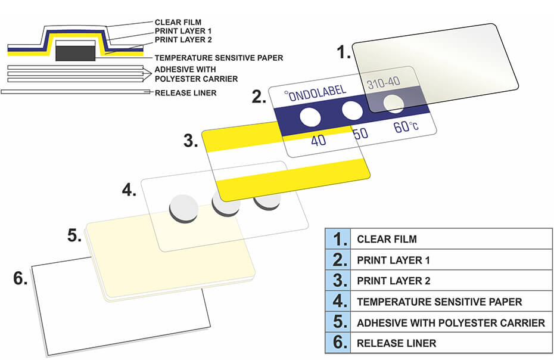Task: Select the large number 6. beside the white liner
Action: [20, 278]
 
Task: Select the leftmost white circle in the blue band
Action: [310, 117]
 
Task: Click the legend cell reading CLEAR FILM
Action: [450, 239]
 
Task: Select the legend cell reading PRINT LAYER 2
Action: [450, 281]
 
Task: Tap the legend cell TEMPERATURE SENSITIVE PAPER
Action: [450, 302]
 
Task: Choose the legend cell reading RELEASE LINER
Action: [450, 343]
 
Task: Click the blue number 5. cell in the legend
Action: [338, 322]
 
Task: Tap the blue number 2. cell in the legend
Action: [338, 260]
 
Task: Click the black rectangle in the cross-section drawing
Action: [75, 52]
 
